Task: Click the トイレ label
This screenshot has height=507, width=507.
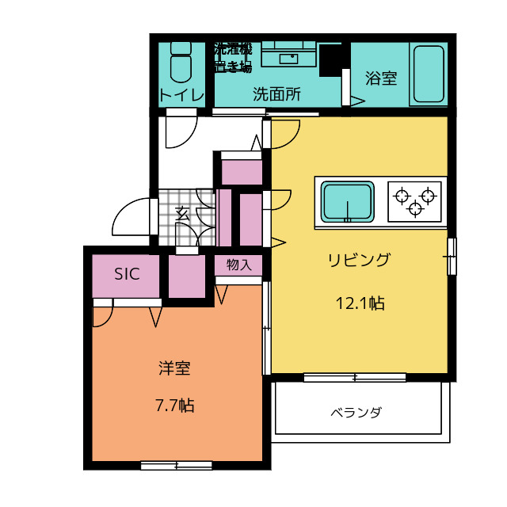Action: coord(181,95)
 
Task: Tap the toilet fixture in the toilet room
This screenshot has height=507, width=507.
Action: coord(181,63)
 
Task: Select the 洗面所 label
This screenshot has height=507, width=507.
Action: coord(276,94)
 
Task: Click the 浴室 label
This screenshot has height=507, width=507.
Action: coord(381,78)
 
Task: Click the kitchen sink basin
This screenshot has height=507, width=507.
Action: coord(346,201)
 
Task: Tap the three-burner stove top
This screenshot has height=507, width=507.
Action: coord(414,201)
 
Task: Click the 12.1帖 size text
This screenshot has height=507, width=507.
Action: coord(360,303)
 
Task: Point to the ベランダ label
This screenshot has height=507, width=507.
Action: coord(356,412)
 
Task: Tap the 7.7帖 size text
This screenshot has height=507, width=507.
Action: coord(174,406)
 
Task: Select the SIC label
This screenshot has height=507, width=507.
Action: coord(127,275)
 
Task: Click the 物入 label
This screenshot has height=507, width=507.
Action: coord(238,265)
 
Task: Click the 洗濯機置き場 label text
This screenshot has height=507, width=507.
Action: coord(232,57)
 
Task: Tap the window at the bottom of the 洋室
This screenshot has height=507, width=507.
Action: coord(176,465)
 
